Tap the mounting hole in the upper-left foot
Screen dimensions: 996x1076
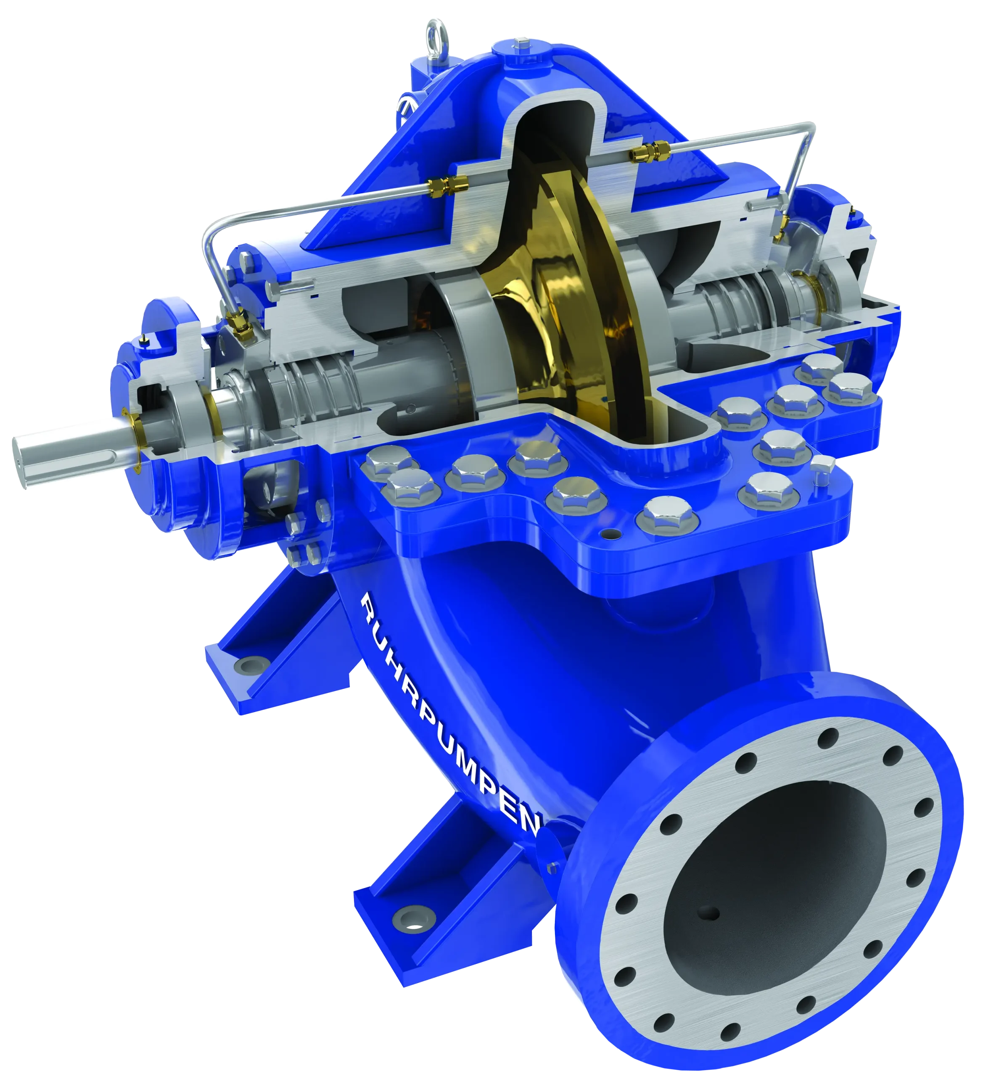click(247, 665)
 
